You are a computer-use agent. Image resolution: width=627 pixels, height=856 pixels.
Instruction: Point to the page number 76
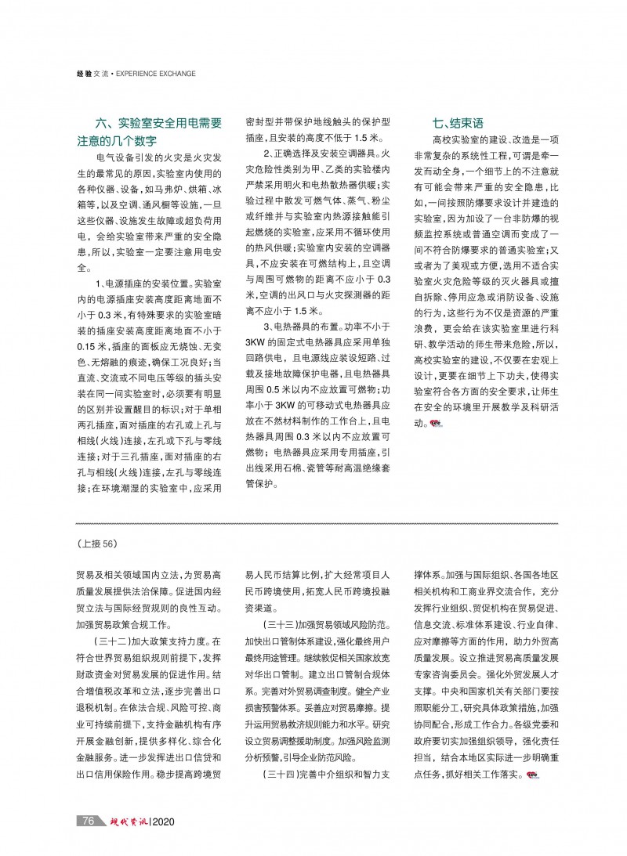[88, 822]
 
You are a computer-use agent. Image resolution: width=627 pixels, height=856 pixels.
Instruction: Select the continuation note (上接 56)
[96, 541]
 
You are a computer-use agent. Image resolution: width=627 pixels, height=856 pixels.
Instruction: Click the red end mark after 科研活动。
[435, 423]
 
